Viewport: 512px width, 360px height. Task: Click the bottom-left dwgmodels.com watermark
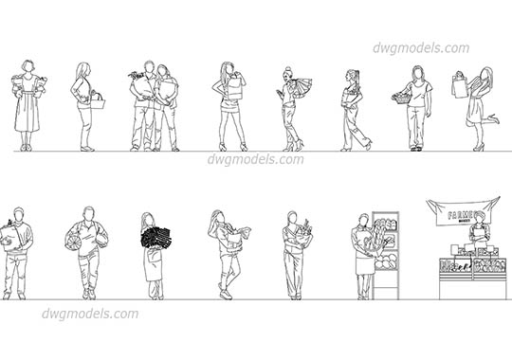point(90,314)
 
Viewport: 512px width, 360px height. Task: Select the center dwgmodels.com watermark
point(255,159)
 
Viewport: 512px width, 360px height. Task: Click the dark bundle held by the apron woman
point(153,237)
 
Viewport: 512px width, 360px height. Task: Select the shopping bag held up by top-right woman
point(460,86)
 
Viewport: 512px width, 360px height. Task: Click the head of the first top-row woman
point(27,67)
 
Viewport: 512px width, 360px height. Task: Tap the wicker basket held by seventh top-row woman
point(402,97)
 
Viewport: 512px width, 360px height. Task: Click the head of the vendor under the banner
point(479,221)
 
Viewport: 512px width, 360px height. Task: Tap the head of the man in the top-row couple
point(147,68)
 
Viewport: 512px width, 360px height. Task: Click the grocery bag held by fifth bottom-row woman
point(301,237)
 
